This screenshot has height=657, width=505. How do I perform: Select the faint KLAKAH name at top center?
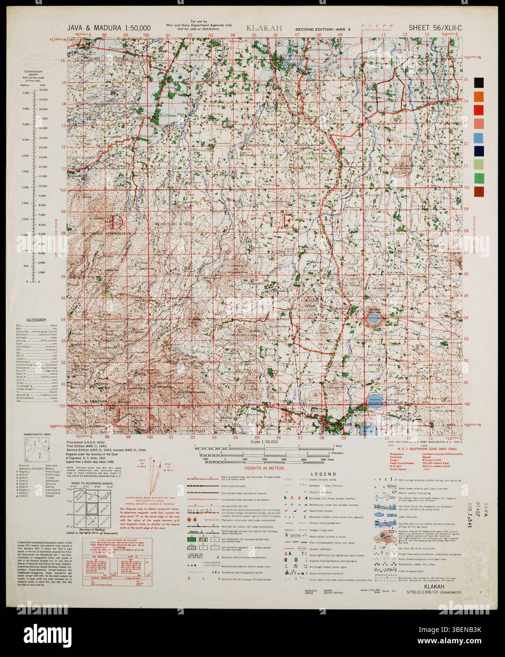click(264, 28)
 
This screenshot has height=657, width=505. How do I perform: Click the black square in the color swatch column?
click(479, 82)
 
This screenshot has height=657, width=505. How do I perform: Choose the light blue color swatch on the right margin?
click(479, 137)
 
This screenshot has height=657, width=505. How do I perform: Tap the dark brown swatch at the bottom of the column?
click(479, 192)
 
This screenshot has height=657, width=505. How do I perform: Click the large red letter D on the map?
click(116, 221)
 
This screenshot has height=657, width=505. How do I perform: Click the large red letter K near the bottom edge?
click(289, 415)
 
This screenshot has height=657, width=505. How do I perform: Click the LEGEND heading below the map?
click(323, 474)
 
